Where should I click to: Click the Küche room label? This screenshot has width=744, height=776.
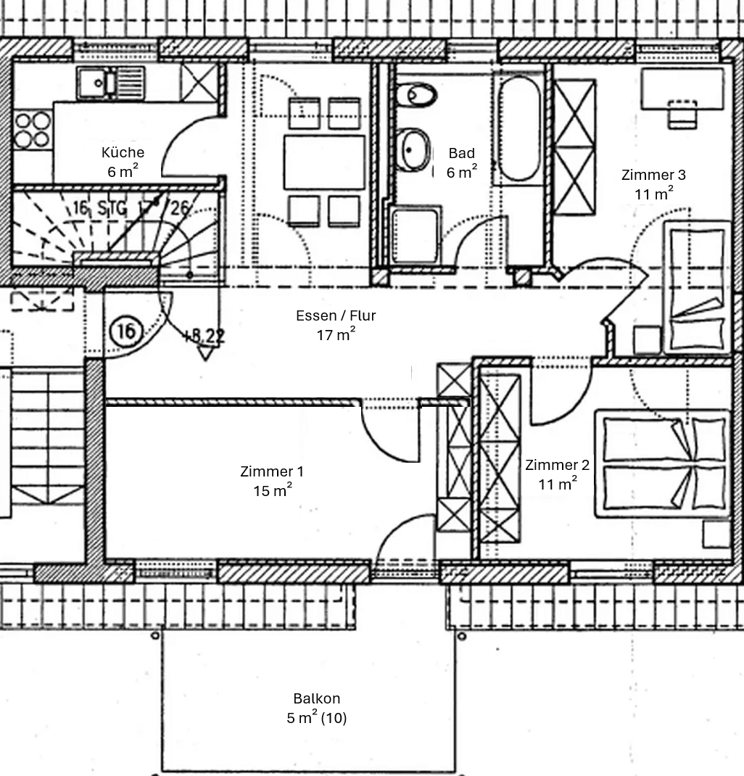pos(123,152)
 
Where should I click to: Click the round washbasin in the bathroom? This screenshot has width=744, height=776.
pos(414,150)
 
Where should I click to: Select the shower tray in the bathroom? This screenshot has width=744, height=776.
pos(416,235)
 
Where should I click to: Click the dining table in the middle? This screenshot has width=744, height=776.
pos(324,162)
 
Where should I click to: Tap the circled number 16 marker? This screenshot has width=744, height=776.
pos(125,331)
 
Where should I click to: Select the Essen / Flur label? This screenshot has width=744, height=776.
pos(336,315)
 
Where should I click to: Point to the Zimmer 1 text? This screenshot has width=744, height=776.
pos(272,471)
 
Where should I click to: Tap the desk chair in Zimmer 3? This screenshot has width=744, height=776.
pos(682,115)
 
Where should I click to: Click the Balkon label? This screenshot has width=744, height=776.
pos(317,698)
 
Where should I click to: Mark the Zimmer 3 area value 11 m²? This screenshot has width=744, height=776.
pos(653,194)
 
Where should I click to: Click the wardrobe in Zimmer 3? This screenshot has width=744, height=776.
pos(574,146)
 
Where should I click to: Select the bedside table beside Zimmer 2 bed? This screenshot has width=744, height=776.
pos(716,534)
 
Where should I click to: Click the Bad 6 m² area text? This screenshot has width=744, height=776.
pos(462,172)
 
